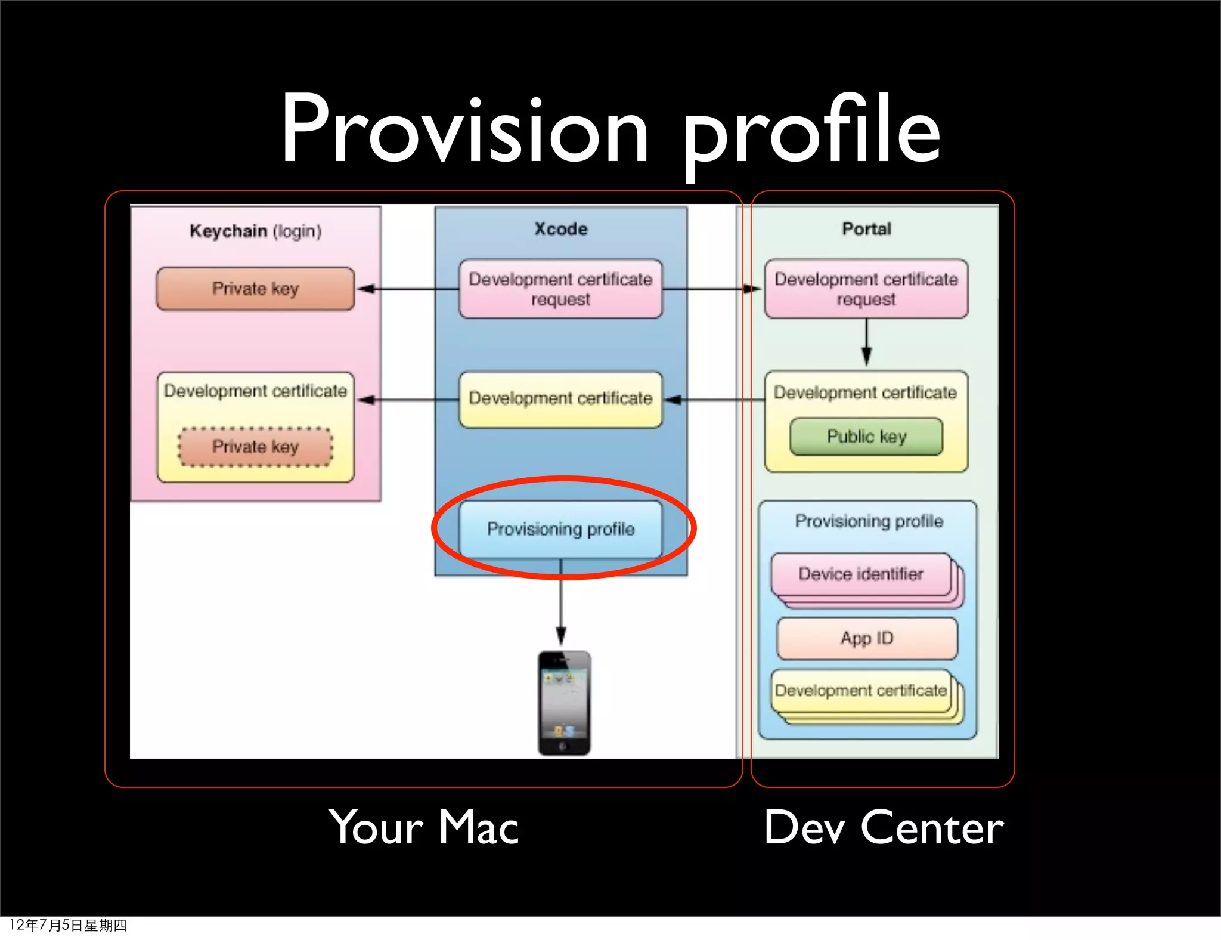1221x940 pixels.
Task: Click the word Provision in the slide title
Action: click(x=465, y=130)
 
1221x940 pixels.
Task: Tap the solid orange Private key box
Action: click(x=255, y=289)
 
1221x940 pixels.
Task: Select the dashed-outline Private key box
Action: click(x=255, y=447)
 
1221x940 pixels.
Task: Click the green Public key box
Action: click(x=866, y=437)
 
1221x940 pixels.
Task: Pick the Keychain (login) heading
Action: click(x=255, y=231)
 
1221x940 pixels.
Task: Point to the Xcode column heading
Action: click(x=560, y=229)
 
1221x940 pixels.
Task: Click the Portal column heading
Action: click(x=866, y=229)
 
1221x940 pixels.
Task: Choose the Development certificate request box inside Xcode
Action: click(x=560, y=289)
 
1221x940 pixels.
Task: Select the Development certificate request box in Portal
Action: click(x=866, y=289)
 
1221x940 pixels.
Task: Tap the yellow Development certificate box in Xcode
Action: click(x=560, y=398)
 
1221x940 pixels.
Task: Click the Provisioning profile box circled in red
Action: click(x=560, y=529)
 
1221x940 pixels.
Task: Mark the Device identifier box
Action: click(x=861, y=574)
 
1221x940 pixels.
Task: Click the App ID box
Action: click(x=867, y=638)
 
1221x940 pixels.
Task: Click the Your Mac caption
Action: click(x=424, y=828)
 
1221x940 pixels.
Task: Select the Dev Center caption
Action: click(x=884, y=828)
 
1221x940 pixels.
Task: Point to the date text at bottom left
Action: click(x=68, y=925)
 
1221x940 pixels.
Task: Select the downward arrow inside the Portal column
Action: click(x=867, y=343)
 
